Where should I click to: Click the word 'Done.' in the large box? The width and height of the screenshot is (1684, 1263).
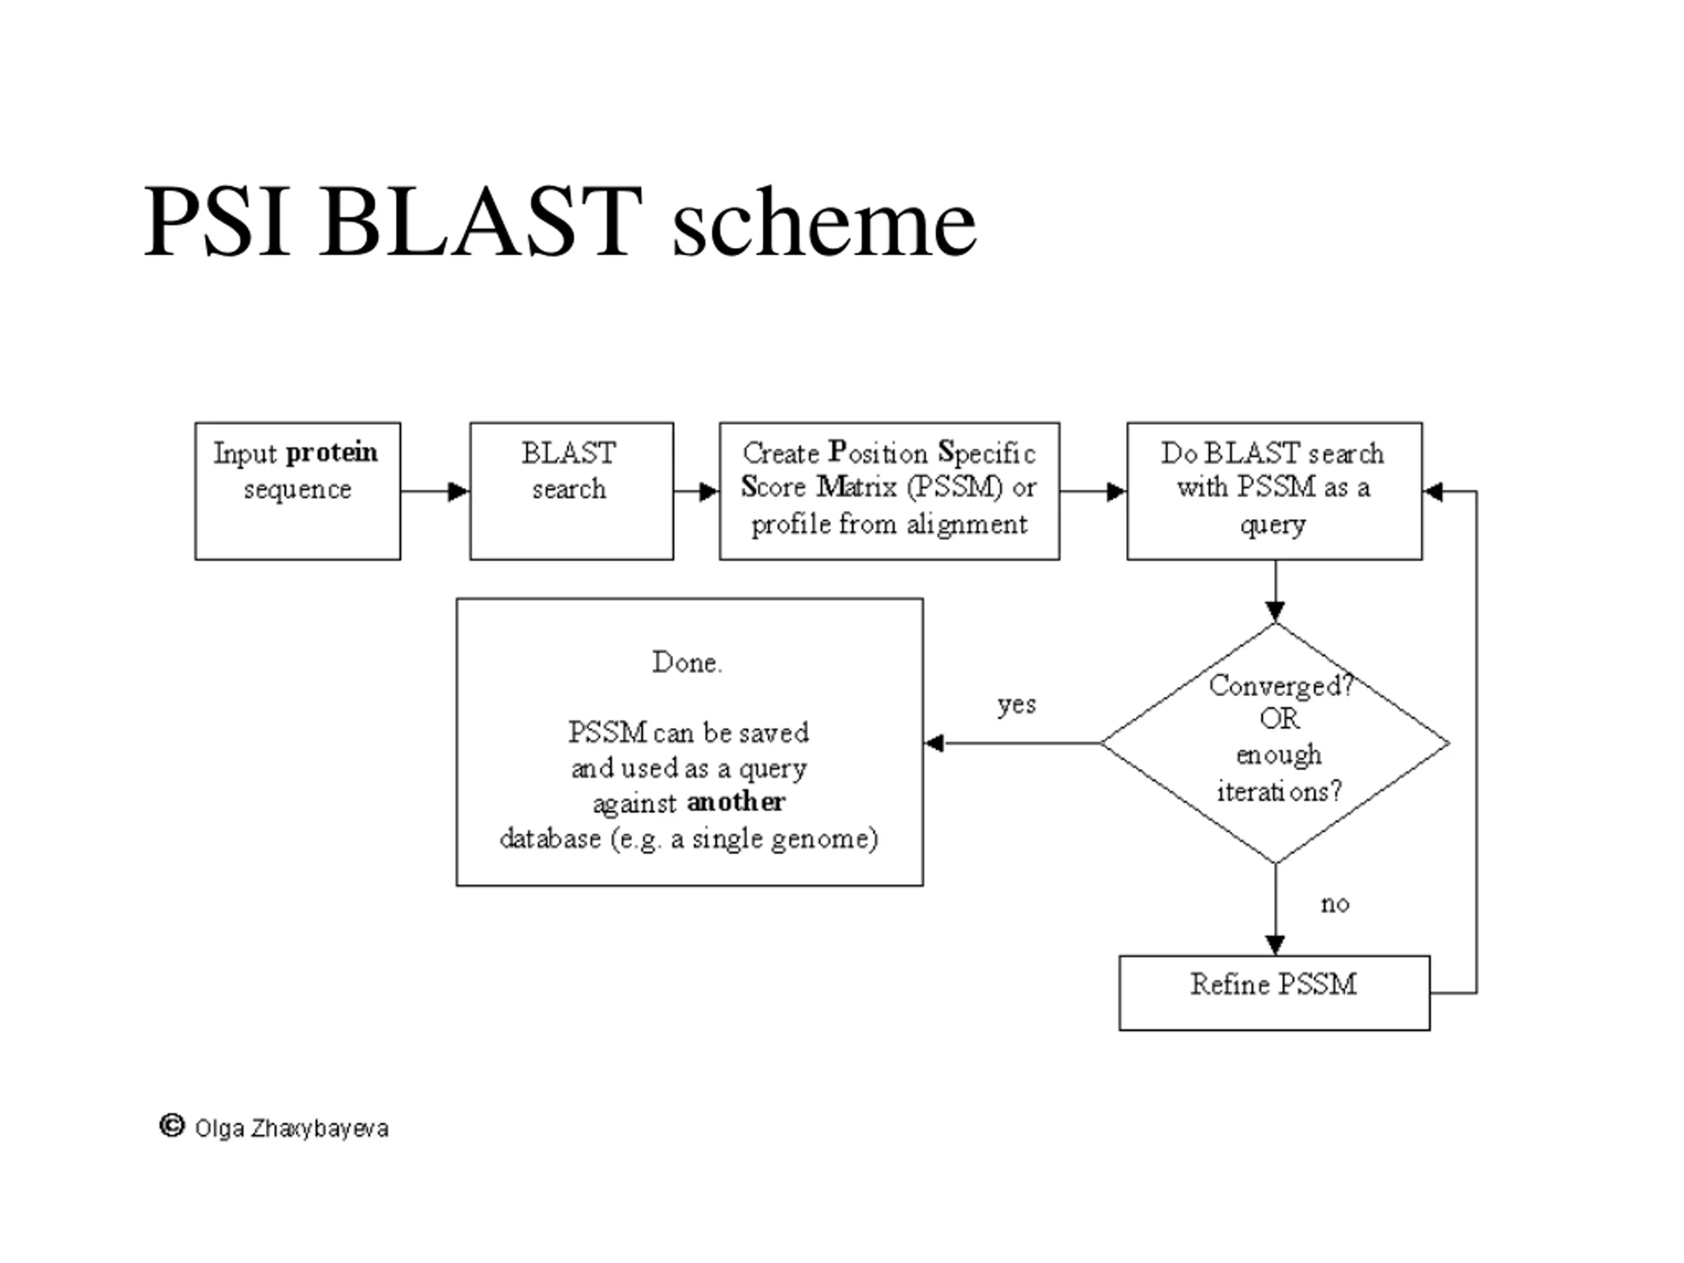tap(687, 662)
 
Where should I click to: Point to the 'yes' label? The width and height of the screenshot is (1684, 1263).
tap(1017, 705)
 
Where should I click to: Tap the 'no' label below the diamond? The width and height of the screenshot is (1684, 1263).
tap(1335, 904)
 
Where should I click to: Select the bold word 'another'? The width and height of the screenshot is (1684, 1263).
tap(735, 802)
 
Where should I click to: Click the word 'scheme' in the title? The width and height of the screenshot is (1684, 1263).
tap(824, 222)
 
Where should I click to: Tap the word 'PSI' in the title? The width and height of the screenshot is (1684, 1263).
tap(217, 221)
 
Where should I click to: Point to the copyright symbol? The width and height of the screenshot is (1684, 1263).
tap(172, 1126)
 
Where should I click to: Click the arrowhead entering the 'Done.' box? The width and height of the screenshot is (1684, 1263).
tap(934, 743)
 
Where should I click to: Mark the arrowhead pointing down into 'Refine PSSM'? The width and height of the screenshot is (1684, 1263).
tap(1275, 945)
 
